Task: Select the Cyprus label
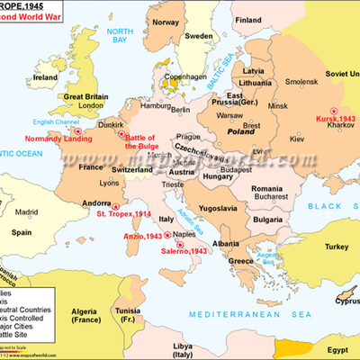[341, 302]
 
